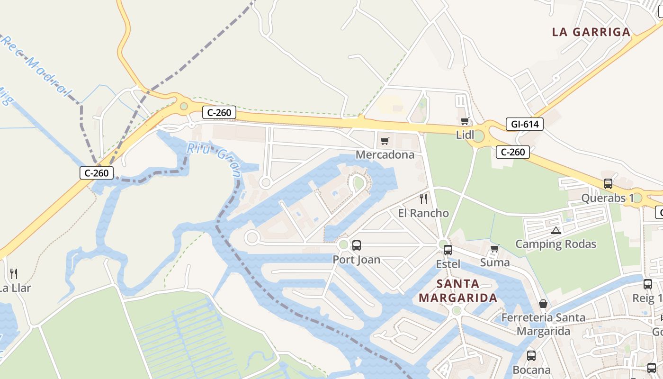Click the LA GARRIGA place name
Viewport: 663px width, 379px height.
tap(591, 32)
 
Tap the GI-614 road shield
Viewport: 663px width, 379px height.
tap(524, 124)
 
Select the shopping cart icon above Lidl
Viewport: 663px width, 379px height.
tap(465, 121)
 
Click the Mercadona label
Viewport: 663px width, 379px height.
tap(385, 154)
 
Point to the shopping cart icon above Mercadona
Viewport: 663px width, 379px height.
tap(385, 141)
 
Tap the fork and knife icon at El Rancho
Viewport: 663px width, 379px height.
tap(423, 199)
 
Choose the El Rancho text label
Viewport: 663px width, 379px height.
tap(423, 213)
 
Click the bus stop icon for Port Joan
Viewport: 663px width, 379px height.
tap(357, 245)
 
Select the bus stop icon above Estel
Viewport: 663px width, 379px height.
tap(448, 250)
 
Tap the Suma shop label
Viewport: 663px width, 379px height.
tap(495, 262)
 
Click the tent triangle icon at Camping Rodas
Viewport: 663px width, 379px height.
tap(556, 231)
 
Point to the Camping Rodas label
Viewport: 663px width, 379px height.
tap(555, 244)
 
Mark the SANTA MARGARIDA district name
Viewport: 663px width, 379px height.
tap(458, 291)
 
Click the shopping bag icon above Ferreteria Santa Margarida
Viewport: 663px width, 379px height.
tap(543, 304)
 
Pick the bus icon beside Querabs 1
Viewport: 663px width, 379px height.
tap(608, 184)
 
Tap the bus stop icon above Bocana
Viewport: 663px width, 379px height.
tap(531, 355)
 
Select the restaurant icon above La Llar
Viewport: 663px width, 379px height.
tap(14, 273)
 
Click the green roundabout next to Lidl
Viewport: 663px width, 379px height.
tap(478, 136)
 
